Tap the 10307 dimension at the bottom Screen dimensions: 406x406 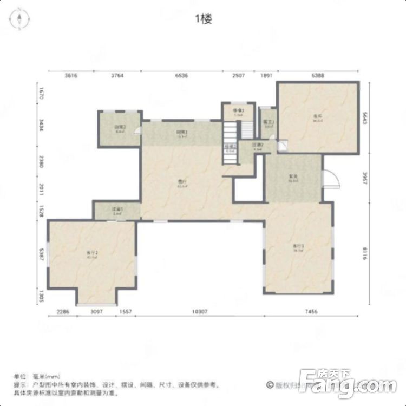point(200,312)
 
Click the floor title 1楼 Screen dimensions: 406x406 point(203,19)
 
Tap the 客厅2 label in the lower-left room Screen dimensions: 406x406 point(91,253)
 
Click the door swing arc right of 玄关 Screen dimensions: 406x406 point(329,179)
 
